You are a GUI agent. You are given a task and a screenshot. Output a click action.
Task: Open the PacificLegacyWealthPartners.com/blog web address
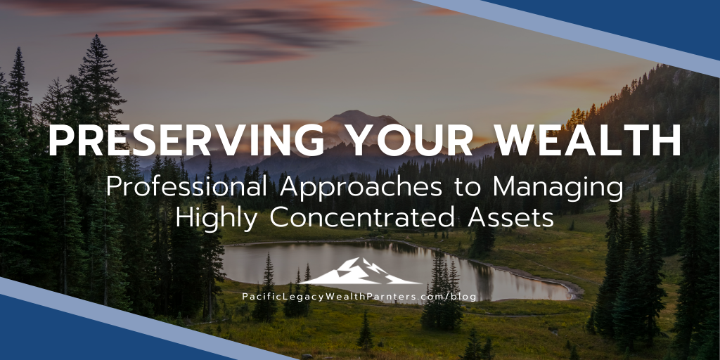tap(359, 297)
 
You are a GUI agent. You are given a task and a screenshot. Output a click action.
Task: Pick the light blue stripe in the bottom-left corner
tap(105, 309)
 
